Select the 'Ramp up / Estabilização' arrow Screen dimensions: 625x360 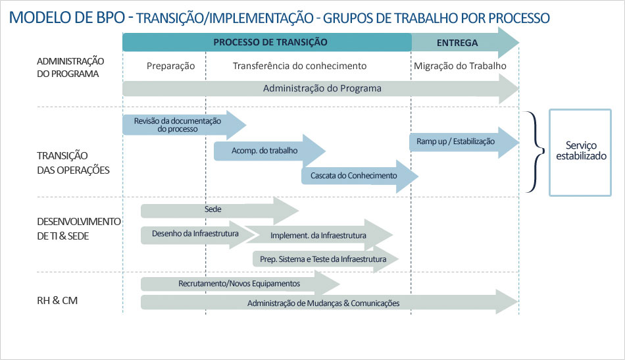coord(464,142)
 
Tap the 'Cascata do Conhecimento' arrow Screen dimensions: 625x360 coord(359,176)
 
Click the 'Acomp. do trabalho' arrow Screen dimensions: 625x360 coord(270,151)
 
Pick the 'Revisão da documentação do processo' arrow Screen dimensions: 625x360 coord(184,125)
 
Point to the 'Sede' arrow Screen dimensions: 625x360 coord(220,211)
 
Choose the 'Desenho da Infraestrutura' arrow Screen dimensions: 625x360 coord(198,235)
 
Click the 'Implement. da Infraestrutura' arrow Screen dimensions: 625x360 coord(319,235)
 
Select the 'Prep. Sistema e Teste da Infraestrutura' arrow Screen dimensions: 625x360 coord(326,259)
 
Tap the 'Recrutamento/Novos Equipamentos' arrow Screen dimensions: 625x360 coord(240,284)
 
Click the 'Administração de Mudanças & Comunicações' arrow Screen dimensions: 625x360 coord(329,302)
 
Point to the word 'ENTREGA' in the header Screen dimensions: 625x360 coord(457,43)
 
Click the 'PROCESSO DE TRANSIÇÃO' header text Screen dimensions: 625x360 coord(270,42)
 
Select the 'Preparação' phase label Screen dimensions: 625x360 coord(170,66)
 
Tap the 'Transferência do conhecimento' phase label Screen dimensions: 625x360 coord(300,66)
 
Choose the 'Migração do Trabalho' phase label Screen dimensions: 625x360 coord(460,66)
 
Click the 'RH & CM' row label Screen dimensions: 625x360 coord(57,301)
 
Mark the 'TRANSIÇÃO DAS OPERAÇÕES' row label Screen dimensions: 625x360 coord(73,163)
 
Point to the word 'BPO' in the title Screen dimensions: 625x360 coord(111,18)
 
